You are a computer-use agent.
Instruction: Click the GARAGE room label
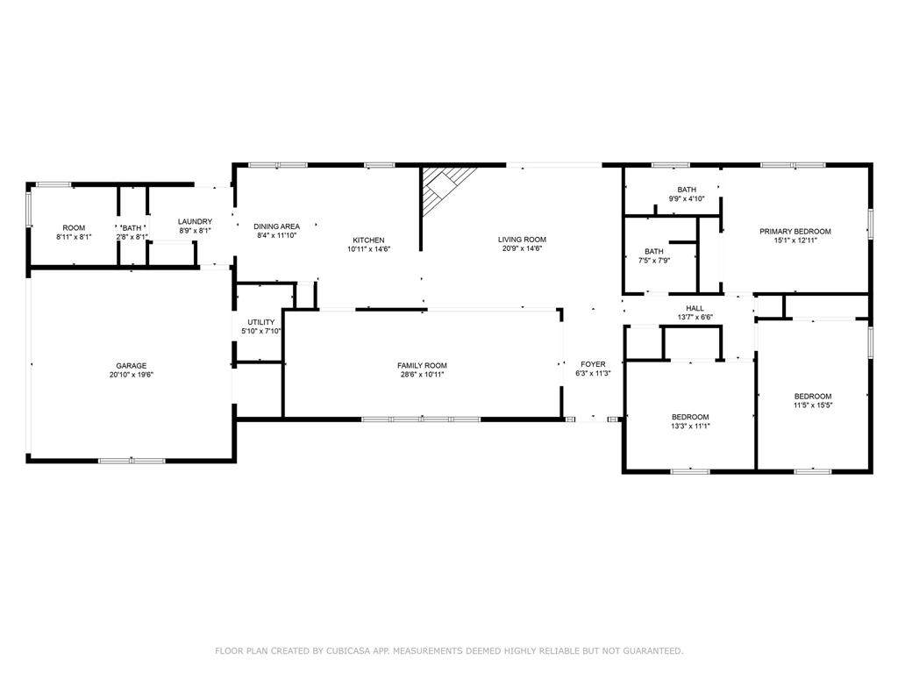[132, 366]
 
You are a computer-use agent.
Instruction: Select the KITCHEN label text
[368, 240]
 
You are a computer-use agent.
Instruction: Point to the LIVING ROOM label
[522, 240]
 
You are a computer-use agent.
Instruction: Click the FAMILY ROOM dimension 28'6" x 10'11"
[422, 375]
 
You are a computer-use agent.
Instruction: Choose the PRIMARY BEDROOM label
[795, 232]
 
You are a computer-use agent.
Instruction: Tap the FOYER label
[593, 364]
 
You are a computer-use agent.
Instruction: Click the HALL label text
[695, 308]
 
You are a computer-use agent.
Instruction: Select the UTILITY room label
[261, 322]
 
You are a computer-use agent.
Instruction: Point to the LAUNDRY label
[195, 222]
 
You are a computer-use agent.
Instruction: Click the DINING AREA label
[276, 226]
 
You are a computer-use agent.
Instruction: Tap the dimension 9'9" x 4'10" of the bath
[687, 199]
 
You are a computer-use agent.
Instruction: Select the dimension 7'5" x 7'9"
[654, 260]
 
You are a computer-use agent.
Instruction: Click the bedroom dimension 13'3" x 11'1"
[690, 427]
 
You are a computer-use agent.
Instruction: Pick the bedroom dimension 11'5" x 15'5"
[813, 405]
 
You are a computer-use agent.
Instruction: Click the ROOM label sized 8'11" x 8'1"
[74, 228]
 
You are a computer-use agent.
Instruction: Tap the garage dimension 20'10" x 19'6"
[132, 375]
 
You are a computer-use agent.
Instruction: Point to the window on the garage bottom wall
[132, 461]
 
